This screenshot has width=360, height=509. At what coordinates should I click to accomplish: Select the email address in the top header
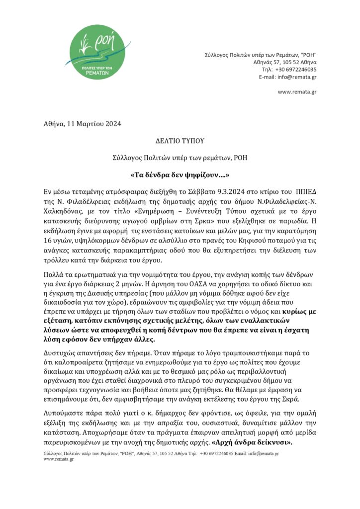(297, 77)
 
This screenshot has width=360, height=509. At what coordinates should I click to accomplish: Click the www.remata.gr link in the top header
(297, 92)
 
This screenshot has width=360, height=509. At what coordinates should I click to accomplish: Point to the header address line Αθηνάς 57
(285, 62)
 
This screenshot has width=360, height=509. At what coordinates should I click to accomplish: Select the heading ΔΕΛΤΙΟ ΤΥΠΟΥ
(180, 141)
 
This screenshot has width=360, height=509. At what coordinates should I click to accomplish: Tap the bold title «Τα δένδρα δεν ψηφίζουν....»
(180, 175)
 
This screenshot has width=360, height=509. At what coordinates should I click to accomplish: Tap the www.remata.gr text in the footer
(59, 459)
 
